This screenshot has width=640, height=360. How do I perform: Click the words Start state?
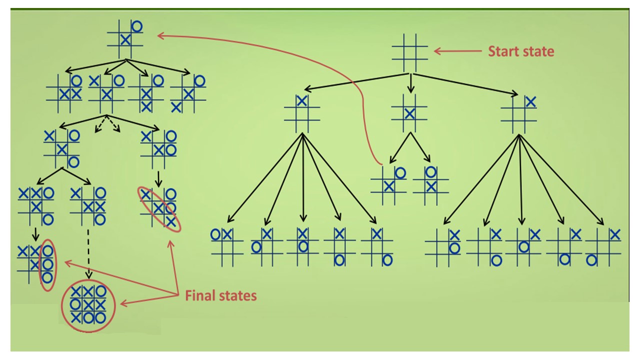[x=521, y=51]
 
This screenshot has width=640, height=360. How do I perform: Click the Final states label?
[x=220, y=295]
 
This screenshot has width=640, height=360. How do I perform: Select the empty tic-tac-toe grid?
[x=409, y=52]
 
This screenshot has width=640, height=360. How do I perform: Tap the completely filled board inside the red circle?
[x=88, y=304]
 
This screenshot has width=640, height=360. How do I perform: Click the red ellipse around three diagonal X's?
[x=159, y=208]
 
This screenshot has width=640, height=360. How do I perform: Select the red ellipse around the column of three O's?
[x=47, y=265]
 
